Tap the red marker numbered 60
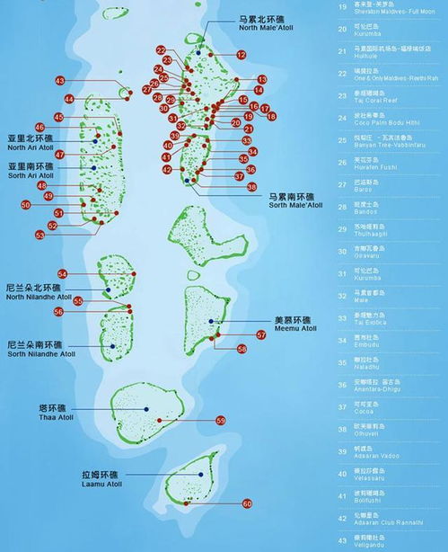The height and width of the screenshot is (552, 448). (x=247, y=503)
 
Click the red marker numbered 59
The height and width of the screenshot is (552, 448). (x=221, y=420)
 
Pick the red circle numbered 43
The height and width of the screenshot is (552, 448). (x=59, y=81)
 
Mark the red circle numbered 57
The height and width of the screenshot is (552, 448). (x=261, y=334)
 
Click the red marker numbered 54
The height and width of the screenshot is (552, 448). (x=63, y=273)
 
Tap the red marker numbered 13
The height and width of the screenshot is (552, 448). (x=262, y=80)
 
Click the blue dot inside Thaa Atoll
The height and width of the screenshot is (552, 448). (x=146, y=408)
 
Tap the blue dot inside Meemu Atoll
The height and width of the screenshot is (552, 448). (x=212, y=321)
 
